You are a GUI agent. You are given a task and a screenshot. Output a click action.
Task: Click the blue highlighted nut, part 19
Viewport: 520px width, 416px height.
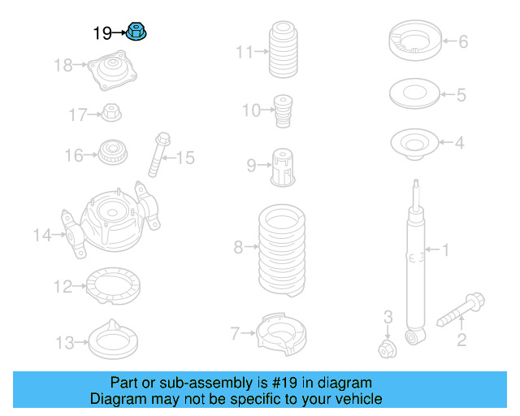(x=136, y=33)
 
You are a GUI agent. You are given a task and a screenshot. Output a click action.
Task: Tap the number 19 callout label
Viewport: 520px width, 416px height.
(x=102, y=33)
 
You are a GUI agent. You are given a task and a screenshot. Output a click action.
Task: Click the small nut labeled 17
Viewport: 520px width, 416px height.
(x=112, y=112)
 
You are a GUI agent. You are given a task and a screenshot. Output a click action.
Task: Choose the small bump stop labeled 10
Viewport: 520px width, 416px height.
(x=283, y=110)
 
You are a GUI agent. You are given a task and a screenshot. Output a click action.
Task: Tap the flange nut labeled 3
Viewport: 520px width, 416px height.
(x=388, y=349)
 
